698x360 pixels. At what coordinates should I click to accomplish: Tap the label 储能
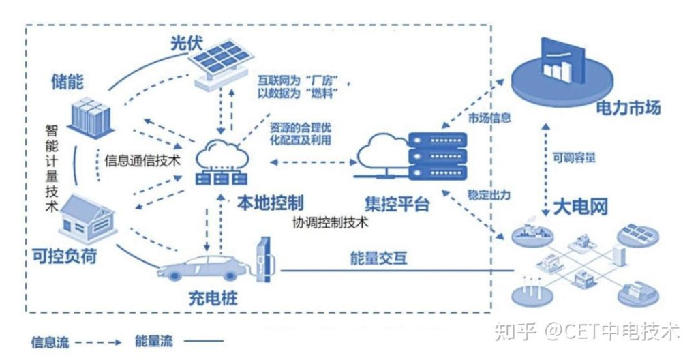coord(67,82)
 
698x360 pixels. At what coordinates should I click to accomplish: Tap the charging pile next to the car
coord(264,258)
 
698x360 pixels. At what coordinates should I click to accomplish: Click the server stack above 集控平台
coord(437,156)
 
